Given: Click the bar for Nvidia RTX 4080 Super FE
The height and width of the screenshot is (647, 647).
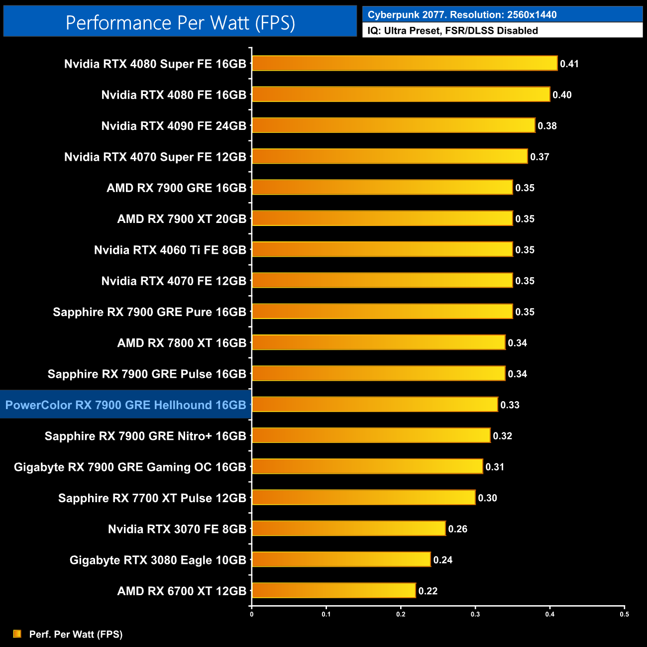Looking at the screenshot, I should click(404, 63).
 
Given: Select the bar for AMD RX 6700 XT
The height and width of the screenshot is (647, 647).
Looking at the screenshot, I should click(333, 591).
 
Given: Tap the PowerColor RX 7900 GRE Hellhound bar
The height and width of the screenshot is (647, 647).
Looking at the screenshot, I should click(374, 405).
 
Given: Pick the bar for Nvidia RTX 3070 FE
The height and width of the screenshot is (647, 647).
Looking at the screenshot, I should click(348, 529).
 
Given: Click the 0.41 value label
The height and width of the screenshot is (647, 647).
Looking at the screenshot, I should click(569, 64).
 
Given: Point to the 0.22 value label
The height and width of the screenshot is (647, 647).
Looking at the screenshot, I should click(428, 591).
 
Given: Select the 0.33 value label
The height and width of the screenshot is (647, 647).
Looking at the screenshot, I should click(510, 405).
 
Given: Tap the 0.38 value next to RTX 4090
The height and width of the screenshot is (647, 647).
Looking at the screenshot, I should click(547, 126).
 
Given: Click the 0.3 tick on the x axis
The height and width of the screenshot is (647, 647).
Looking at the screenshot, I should click(475, 614).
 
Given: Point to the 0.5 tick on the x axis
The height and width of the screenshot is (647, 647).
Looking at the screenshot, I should click(624, 614).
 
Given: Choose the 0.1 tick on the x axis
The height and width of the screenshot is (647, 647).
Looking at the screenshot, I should click(326, 614).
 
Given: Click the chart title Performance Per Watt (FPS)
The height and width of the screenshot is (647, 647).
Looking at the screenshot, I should click(180, 22).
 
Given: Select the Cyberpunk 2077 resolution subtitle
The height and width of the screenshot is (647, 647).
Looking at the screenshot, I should click(462, 15).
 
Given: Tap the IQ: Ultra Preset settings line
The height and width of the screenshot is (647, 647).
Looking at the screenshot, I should click(452, 31).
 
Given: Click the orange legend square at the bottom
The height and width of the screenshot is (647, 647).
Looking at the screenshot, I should click(17, 634).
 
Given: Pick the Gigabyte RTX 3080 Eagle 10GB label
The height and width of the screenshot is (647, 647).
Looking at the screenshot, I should click(158, 560).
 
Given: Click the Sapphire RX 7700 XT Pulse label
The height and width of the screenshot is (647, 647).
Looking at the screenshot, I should click(152, 498).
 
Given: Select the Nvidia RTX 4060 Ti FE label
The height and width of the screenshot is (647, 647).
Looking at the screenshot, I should click(170, 250).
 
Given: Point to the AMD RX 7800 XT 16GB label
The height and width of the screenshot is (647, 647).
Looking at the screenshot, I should click(182, 343).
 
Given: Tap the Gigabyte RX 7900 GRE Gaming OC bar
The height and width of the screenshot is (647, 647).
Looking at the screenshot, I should click(367, 466).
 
